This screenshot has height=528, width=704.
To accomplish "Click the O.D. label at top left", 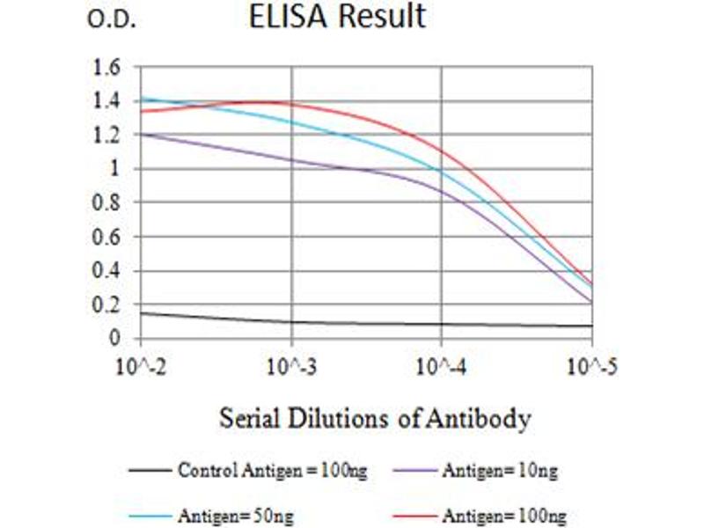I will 111,21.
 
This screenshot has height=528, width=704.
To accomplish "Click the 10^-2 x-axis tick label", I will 142,363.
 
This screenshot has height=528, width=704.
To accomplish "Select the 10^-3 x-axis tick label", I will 291,363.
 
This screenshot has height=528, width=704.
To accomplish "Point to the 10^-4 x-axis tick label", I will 441,363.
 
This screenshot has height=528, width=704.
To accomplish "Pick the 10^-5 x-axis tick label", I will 590,363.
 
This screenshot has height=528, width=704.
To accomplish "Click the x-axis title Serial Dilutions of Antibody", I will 375,418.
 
